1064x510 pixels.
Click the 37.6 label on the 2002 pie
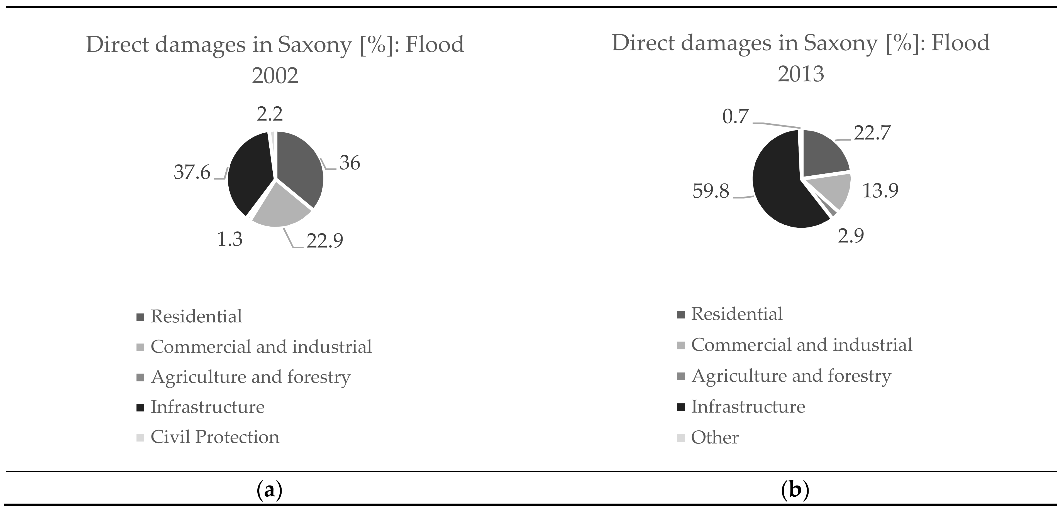pos(192,172)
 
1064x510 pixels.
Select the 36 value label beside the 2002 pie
pos(350,163)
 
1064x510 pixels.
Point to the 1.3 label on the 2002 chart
pos(230,239)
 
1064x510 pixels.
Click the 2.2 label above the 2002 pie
pos(270,114)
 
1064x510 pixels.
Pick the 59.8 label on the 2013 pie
pos(711,192)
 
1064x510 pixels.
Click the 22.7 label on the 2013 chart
pos(872,133)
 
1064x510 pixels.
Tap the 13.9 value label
pos(880,191)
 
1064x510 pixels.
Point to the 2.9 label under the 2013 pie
pos(850,236)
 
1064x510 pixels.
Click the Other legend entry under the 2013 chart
pos(714,438)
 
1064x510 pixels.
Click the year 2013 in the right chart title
pos(801,74)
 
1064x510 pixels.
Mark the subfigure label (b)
pos(795,490)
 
